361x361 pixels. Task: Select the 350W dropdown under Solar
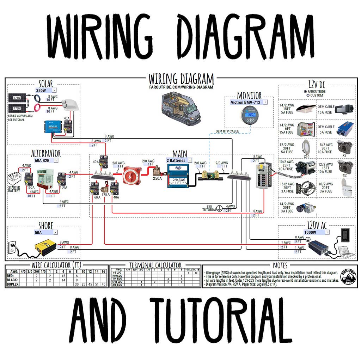click(46, 90)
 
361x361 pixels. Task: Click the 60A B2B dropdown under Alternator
click(46, 160)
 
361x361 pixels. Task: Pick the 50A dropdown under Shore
click(46, 232)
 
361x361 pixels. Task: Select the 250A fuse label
click(157, 179)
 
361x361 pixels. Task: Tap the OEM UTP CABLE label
click(227, 131)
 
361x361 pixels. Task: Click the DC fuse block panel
click(263, 176)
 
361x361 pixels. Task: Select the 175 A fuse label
click(105, 195)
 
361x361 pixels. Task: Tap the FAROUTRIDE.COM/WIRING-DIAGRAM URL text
click(181, 87)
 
